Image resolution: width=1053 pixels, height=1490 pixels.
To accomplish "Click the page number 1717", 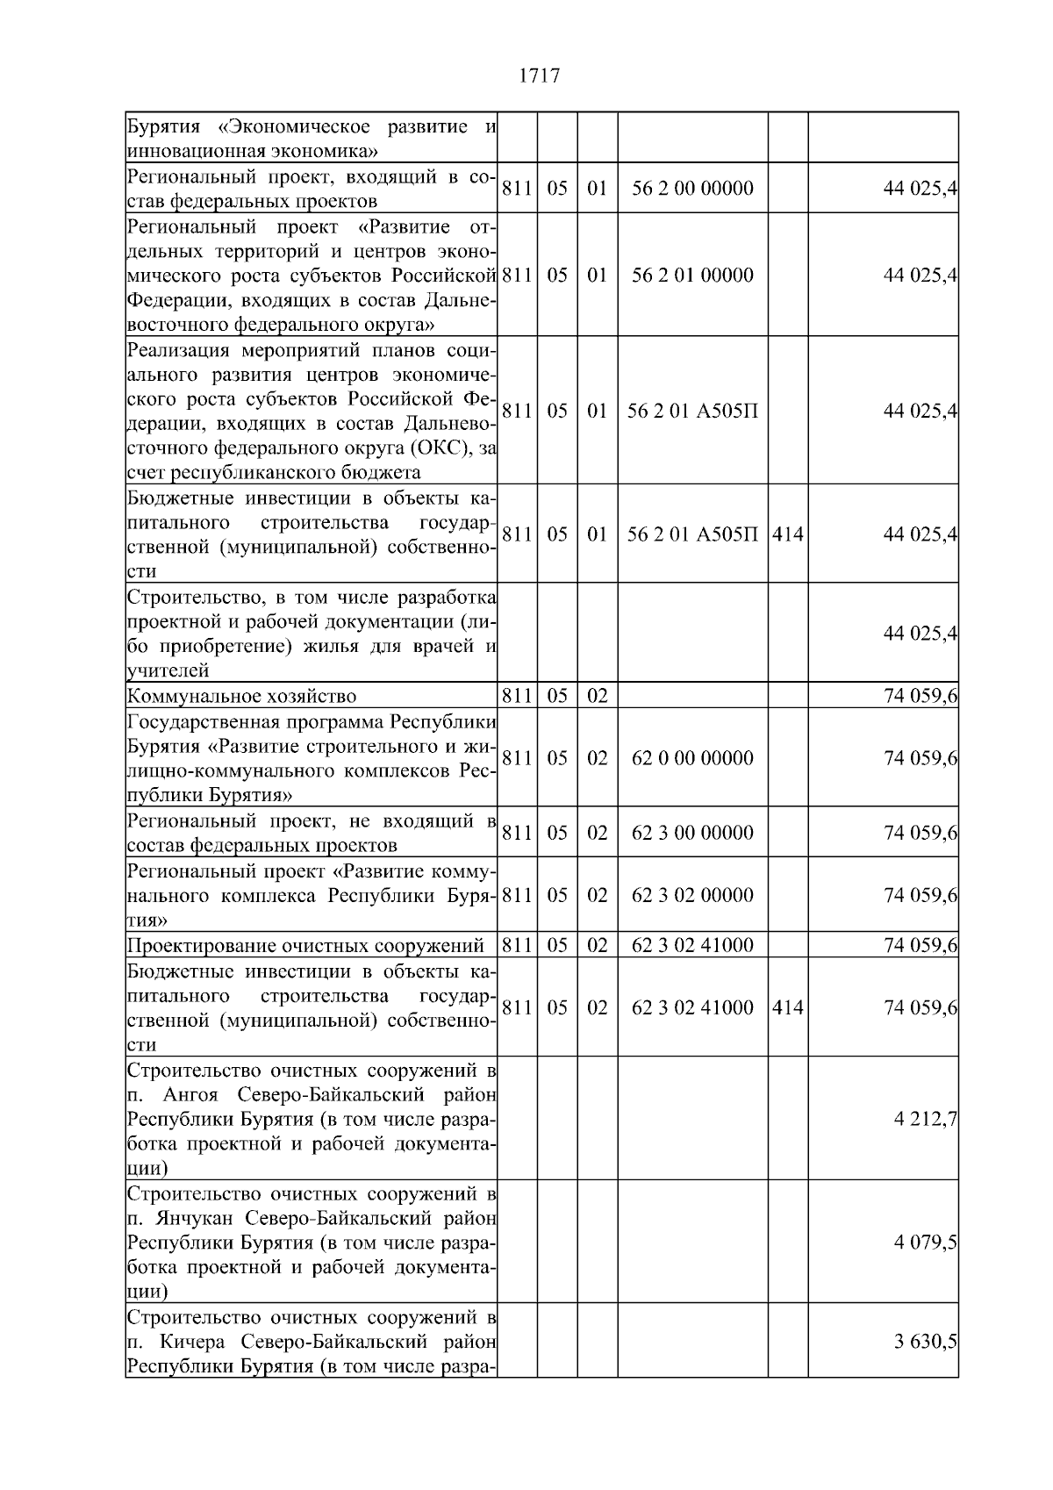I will pyautogui.click(x=539, y=76).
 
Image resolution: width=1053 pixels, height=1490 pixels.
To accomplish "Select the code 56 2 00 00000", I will pyautogui.click(x=692, y=188).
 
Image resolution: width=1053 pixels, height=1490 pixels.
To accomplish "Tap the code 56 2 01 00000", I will pyautogui.click(x=692, y=275).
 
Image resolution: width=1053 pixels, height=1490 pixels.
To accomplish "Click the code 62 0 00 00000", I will pyautogui.click(x=692, y=758).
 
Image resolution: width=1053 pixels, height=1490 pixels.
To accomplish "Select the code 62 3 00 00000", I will pyautogui.click(x=692, y=832).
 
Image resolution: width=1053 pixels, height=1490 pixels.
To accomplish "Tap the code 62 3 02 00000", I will pyautogui.click(x=692, y=895).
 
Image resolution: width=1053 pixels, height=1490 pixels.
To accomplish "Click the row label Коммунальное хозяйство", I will pyautogui.click(x=241, y=697).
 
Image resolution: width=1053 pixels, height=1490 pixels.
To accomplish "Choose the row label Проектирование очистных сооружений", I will pyautogui.click(x=305, y=946).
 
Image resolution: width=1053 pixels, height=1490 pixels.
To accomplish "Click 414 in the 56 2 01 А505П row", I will pyautogui.click(x=788, y=534).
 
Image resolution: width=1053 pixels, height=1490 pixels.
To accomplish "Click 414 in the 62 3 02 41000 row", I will pyautogui.click(x=788, y=1007).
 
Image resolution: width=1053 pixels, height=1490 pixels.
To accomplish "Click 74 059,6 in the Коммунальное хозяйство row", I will pyautogui.click(x=920, y=697).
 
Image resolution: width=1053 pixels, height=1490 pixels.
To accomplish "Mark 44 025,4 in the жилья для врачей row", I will pyautogui.click(x=920, y=633).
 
